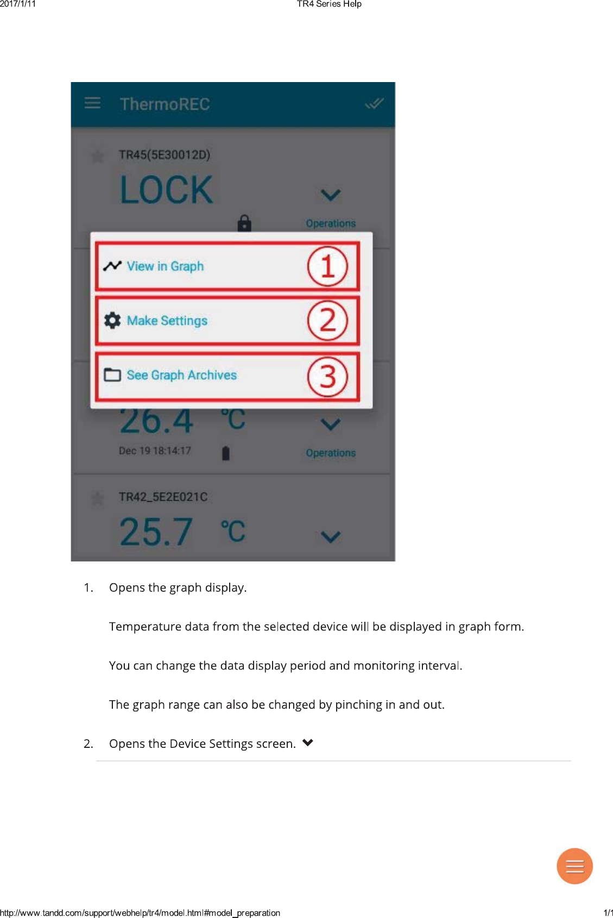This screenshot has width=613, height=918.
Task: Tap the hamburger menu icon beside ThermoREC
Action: [x=93, y=103]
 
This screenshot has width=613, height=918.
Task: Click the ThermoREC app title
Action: [x=165, y=104]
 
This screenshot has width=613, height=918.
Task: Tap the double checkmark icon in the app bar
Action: [x=374, y=103]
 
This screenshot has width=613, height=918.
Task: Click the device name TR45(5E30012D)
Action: [x=164, y=155]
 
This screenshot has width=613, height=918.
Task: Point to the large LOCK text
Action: [x=166, y=190]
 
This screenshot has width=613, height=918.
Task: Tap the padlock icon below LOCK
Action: [x=244, y=223]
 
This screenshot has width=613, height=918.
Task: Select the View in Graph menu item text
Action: [x=165, y=266]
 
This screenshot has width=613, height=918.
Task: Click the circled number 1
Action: [x=327, y=266]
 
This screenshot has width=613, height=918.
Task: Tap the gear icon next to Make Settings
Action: [x=112, y=321]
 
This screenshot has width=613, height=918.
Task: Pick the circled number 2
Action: [x=327, y=321]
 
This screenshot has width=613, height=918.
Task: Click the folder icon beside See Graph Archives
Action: [x=112, y=375]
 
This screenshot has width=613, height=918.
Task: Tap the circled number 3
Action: [x=327, y=376]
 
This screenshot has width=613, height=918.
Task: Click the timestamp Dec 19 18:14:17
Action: [x=155, y=451]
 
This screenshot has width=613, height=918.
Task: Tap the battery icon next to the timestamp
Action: [x=226, y=453]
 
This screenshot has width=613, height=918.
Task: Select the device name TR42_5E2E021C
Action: [x=163, y=497]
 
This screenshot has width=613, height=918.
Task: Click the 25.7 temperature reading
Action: [x=156, y=532]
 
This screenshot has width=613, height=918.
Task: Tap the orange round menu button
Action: [x=574, y=866]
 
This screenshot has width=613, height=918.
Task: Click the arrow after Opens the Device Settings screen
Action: [x=308, y=743]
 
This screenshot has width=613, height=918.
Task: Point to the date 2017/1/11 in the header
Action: [x=18, y=4]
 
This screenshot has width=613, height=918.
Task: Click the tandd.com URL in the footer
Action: [x=140, y=913]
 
